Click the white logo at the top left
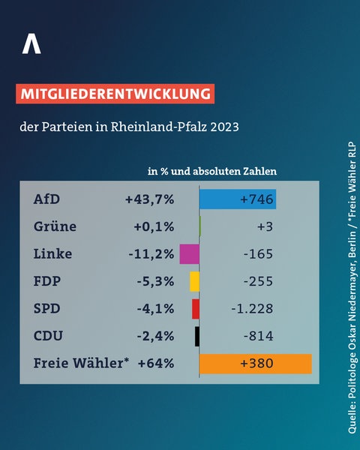[31, 44]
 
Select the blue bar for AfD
[238, 199]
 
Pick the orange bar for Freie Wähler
[255, 364]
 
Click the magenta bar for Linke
[190, 254]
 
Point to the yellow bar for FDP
[194, 281]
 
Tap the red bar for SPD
[196, 309]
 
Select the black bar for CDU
[197, 336]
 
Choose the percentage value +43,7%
[150, 199]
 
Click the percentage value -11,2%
[151, 254]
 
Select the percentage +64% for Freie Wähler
[156, 364]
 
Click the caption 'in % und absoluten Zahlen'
[212, 171]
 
